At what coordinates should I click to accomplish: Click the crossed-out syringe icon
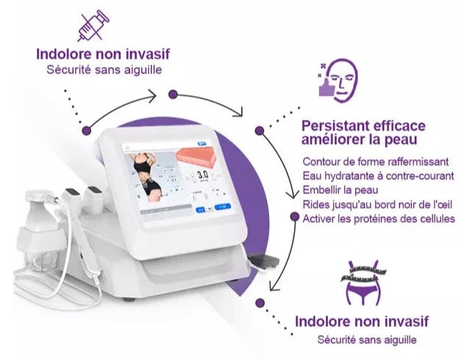coord(93,26)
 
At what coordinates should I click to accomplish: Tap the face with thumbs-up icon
coord(338,80)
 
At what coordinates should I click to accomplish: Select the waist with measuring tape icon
coord(363,283)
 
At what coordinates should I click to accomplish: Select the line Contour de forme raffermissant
coord(376,162)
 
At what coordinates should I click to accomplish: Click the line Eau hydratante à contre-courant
coord(378,176)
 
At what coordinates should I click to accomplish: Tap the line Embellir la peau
coord(340,190)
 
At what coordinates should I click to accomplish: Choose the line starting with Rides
coord(377,204)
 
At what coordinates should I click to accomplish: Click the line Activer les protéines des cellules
coord(379,219)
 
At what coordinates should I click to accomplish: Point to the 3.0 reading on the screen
coord(203,174)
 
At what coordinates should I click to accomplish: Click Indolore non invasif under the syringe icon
coord(103,54)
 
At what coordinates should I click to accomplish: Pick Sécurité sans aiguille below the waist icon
coord(367,339)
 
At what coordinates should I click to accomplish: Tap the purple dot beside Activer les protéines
coord(294,217)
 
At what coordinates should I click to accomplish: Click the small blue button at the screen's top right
coord(203,143)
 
